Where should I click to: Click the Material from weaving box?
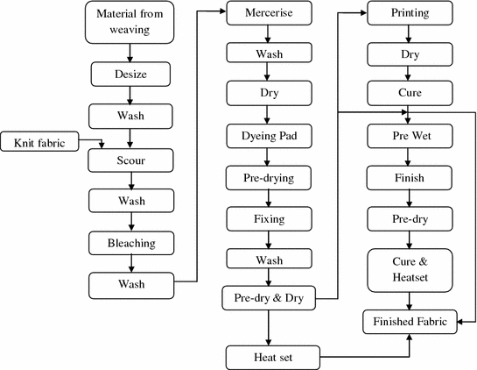point(130,23)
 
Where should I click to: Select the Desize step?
point(130,75)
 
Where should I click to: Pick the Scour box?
point(130,161)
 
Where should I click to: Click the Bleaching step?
point(130,241)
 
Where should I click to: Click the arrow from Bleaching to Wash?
point(130,262)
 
